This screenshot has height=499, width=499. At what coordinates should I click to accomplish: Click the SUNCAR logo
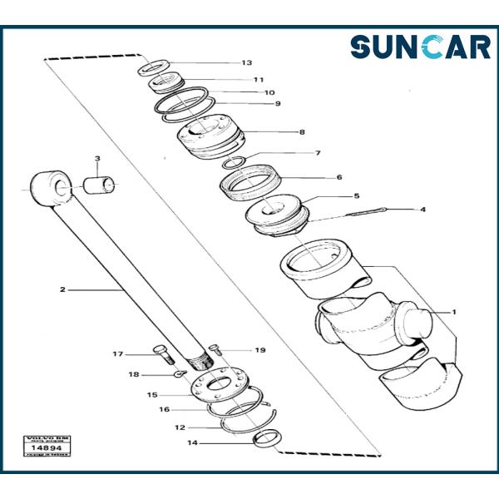(420, 47)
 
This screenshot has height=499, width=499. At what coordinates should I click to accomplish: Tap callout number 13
(246, 63)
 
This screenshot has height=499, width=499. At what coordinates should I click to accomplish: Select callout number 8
(302, 132)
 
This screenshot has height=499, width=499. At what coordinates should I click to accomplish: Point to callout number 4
(422, 210)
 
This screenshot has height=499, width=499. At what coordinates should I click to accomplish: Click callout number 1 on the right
(454, 312)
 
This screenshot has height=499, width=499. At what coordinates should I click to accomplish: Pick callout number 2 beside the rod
(62, 289)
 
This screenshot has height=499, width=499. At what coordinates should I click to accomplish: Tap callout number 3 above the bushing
(96, 159)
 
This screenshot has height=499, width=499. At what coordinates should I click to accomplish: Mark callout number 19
(259, 350)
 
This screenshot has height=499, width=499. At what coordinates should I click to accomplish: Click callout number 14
(193, 443)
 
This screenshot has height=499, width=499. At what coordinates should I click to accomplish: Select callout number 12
(180, 427)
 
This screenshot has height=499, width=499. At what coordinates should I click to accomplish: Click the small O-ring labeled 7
(235, 161)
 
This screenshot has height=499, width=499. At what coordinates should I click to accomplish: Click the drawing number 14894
(47, 447)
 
